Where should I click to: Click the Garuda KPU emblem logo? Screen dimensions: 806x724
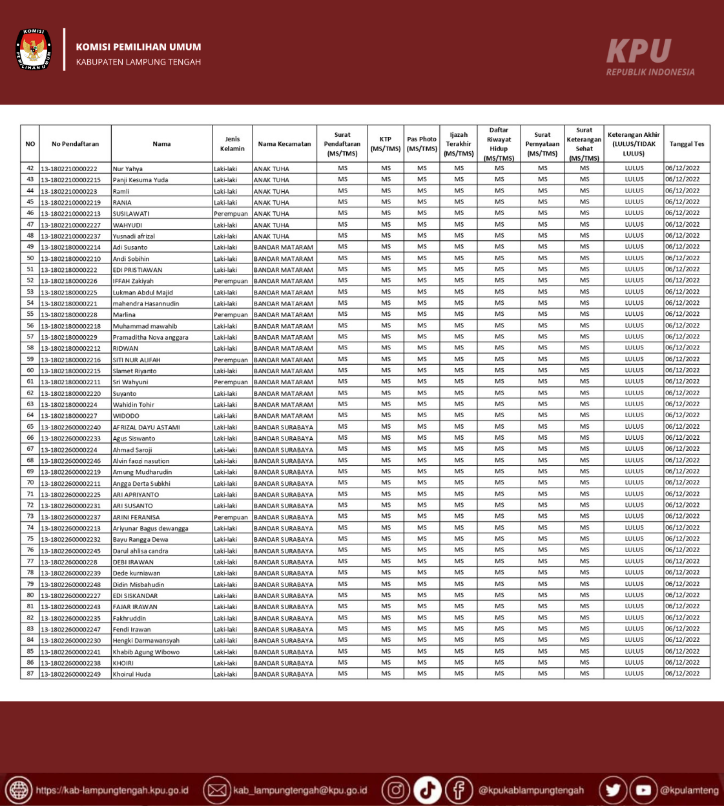pyautogui.click(x=34, y=49)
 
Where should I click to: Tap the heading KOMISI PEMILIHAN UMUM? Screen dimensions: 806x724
pyautogui.click(x=138, y=47)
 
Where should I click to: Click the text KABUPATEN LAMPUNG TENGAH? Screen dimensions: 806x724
pyautogui.click(x=138, y=62)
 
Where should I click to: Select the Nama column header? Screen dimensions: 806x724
pyautogui.click(x=161, y=144)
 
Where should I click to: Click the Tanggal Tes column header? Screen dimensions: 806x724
pyautogui.click(x=687, y=144)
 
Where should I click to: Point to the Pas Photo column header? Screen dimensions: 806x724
pyautogui.click(x=422, y=143)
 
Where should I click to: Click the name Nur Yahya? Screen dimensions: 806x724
pyautogui.click(x=128, y=169)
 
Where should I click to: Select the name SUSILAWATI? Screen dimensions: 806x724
pyautogui.click(x=131, y=214)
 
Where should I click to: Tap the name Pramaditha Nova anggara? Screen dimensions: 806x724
pyautogui.click(x=150, y=337)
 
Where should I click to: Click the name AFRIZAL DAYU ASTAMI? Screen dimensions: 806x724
pyautogui.click(x=147, y=427)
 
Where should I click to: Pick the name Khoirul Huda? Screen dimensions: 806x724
pyautogui.click(x=132, y=674)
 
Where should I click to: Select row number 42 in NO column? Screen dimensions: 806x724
pyautogui.click(x=30, y=168)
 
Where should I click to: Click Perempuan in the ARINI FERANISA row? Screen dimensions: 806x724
pyautogui.click(x=231, y=517)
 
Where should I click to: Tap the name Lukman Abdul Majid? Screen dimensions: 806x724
pyautogui.click(x=143, y=293)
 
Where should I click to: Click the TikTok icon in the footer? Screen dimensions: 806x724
pyautogui.click(x=427, y=790)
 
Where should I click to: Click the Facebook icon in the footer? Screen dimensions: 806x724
pyautogui.click(x=459, y=790)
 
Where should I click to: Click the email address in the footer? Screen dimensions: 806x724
pyautogui.click(x=300, y=790)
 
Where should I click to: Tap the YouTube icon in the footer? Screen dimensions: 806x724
pyautogui.click(x=643, y=790)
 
